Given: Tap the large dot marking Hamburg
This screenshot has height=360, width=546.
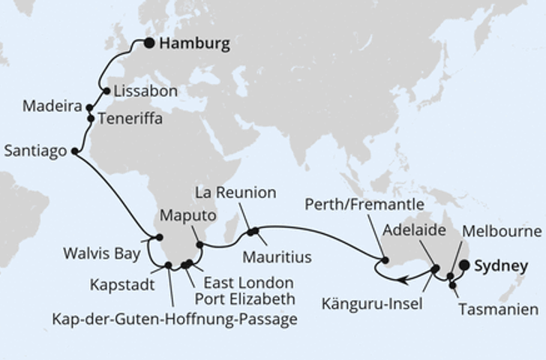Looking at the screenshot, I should tap(150, 43).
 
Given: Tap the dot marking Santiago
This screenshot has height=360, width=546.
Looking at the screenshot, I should tap(74, 151).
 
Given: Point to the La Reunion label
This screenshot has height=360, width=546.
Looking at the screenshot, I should tap(235, 193).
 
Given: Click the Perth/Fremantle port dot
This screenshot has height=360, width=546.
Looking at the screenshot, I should tap(385, 261).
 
